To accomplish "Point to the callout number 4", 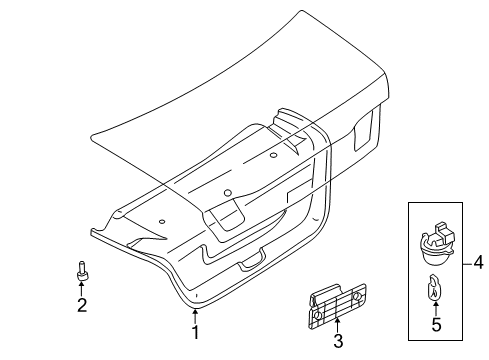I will [x=478, y=263].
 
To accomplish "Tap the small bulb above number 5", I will [x=434, y=290].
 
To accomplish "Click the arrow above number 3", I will [x=338, y=326].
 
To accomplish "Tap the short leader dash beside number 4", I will [x=465, y=263].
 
